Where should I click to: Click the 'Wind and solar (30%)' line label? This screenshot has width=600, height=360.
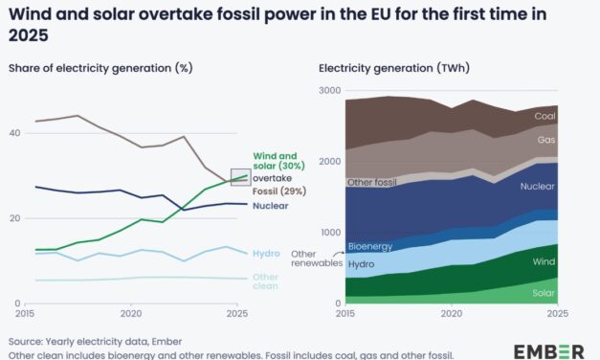point(276,161)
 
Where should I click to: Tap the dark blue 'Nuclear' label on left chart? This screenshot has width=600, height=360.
point(271,205)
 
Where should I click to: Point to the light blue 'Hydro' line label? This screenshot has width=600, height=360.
point(266,253)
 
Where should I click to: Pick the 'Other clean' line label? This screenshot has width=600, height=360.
point(267,281)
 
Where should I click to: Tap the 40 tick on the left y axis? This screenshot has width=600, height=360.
point(13,133)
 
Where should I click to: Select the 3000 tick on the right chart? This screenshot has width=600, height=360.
point(328,90)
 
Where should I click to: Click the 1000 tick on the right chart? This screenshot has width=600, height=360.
point(328,233)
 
